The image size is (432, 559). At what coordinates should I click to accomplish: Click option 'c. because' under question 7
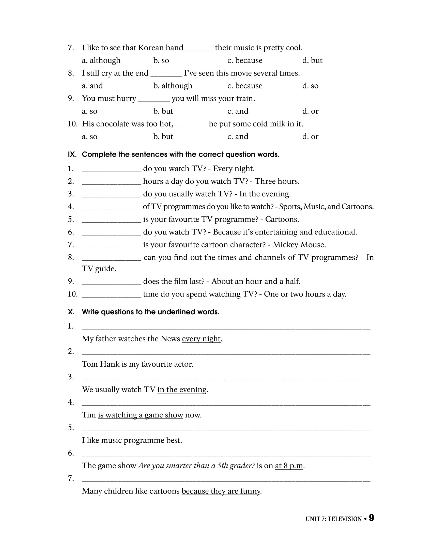pos(245,60)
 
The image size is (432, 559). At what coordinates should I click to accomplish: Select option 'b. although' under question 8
pos(173,86)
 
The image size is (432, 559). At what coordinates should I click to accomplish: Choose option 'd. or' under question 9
pos(310,111)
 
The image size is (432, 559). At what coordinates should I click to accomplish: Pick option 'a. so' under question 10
pos(89,136)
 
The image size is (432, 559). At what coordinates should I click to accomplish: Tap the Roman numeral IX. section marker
pos(72,154)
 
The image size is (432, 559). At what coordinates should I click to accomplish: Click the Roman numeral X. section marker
pos(71,312)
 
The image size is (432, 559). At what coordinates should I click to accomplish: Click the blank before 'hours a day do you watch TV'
pos(111,182)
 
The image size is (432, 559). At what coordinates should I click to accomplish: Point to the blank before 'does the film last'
pos(111,282)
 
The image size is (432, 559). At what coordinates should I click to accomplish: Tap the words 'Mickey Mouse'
pos(299,245)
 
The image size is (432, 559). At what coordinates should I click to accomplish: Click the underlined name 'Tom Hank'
pos(101,364)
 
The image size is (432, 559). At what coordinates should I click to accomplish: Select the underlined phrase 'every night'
pos(201,339)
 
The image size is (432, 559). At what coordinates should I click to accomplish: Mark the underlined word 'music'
pos(111,441)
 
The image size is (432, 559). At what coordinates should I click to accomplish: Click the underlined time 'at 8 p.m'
pos(289,466)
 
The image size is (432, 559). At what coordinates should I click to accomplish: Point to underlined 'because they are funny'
pos(221,491)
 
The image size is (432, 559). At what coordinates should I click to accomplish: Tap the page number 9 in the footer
pos(371,518)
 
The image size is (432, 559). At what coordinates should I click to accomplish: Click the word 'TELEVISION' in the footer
pos(345,519)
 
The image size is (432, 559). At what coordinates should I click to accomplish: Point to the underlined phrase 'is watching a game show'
pos(141,415)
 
